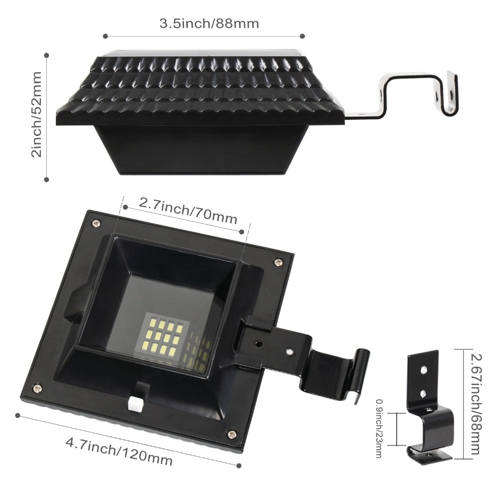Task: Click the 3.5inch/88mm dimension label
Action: pos(209,23)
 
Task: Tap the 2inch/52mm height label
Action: pos(36,115)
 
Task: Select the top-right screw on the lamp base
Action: pos(278,260)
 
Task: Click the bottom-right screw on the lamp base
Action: pos(231,434)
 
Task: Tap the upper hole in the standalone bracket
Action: pos(423,371)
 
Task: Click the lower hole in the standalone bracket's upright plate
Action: pos(423,393)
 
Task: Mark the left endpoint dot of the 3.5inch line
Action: pos(105,35)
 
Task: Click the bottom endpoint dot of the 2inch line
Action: pos(47,179)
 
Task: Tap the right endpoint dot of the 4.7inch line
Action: pos(239,466)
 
